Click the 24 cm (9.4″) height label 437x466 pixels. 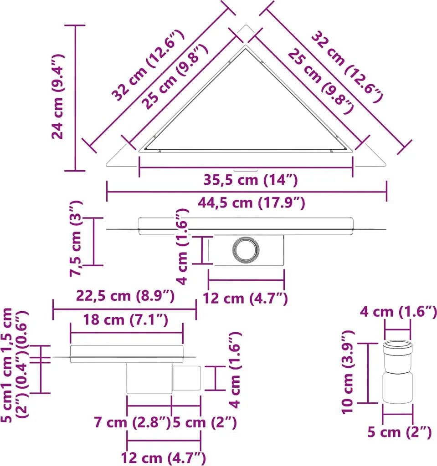58,97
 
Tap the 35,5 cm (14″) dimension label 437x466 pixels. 251,180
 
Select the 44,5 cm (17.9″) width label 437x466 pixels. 252,203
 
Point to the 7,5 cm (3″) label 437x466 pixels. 76,238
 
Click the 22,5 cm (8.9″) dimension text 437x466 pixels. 125,296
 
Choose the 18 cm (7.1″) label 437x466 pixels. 125,320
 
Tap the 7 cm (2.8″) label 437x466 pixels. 132,422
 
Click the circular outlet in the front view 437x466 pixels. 246,250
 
